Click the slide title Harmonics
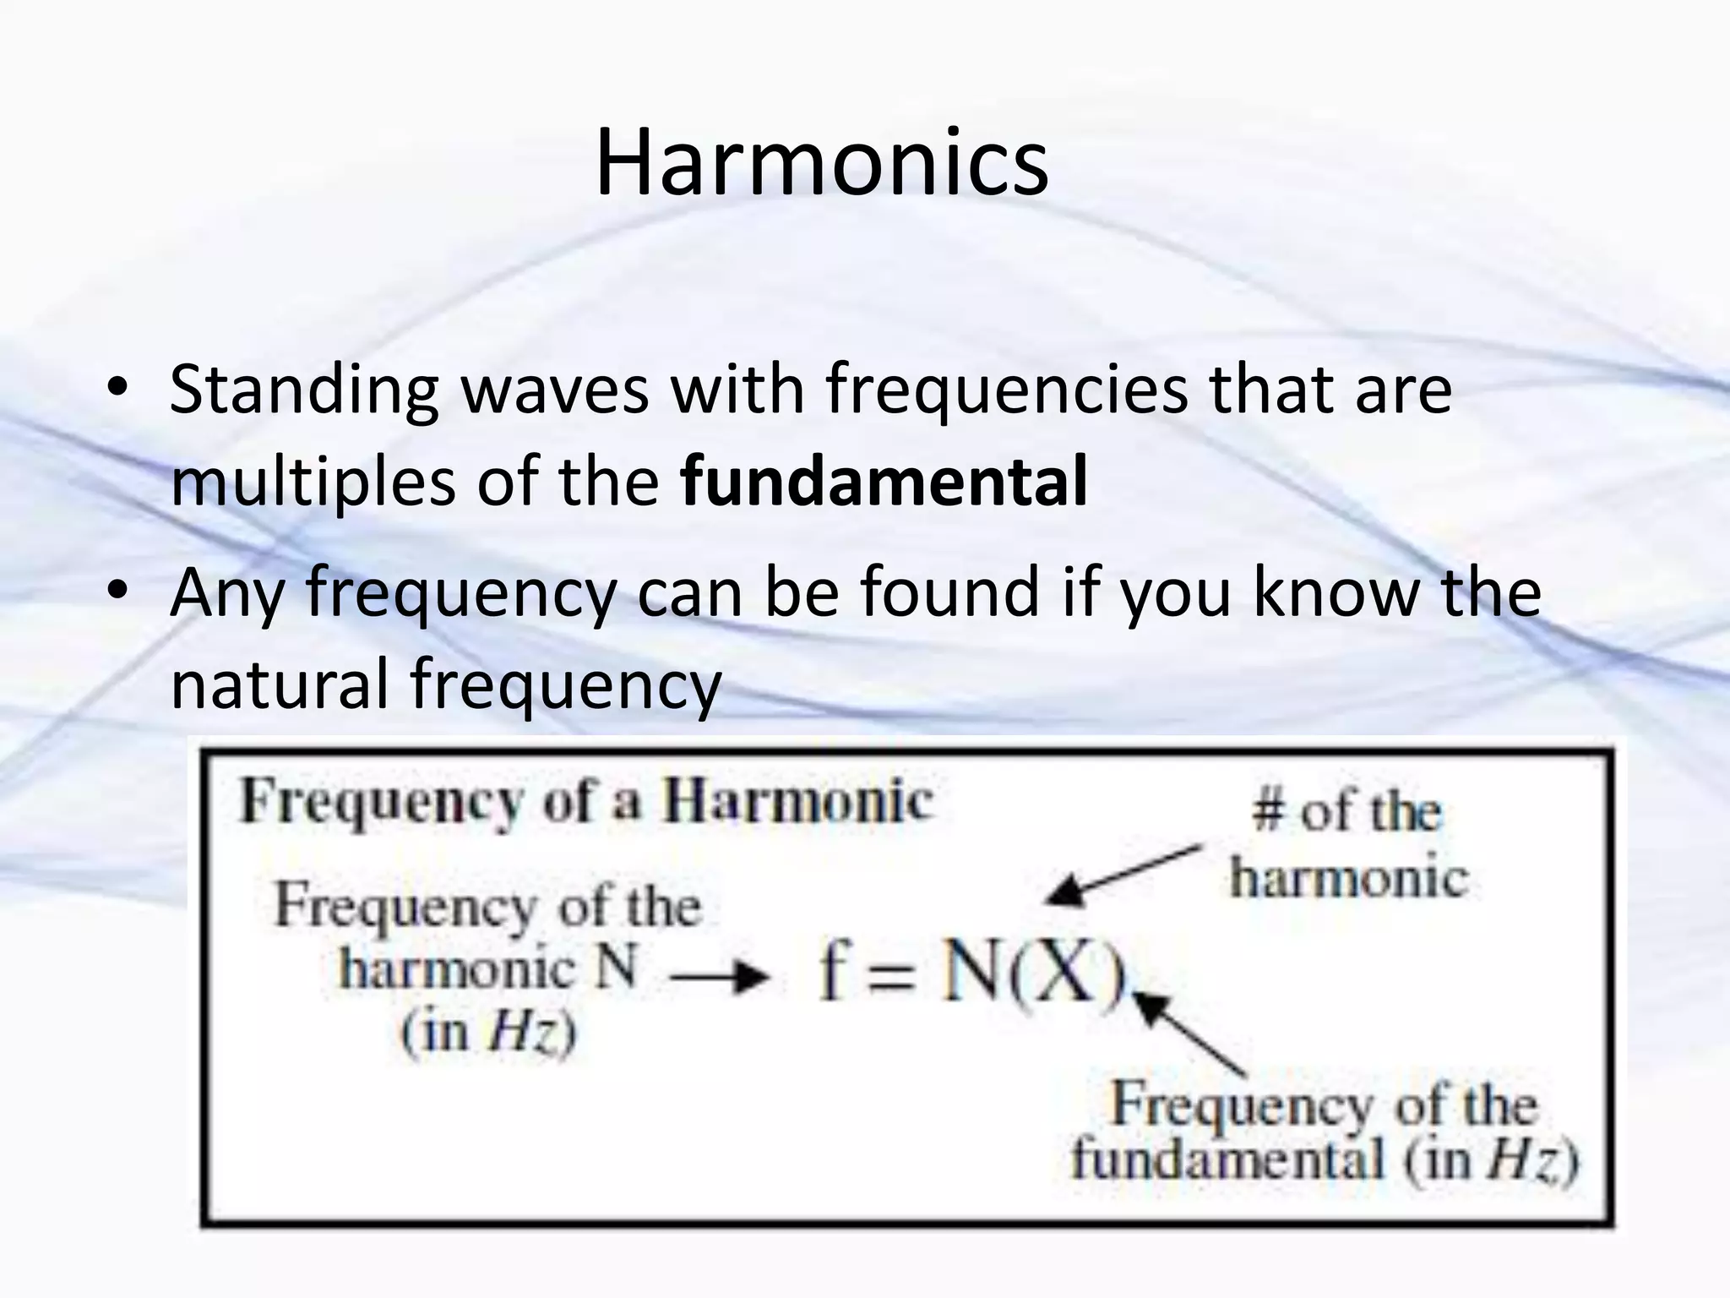(821, 161)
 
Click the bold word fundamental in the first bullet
(884, 481)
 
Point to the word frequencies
(1007, 390)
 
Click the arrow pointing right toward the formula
(720, 978)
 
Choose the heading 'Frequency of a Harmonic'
(586, 801)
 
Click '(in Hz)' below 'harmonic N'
(488, 1032)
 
